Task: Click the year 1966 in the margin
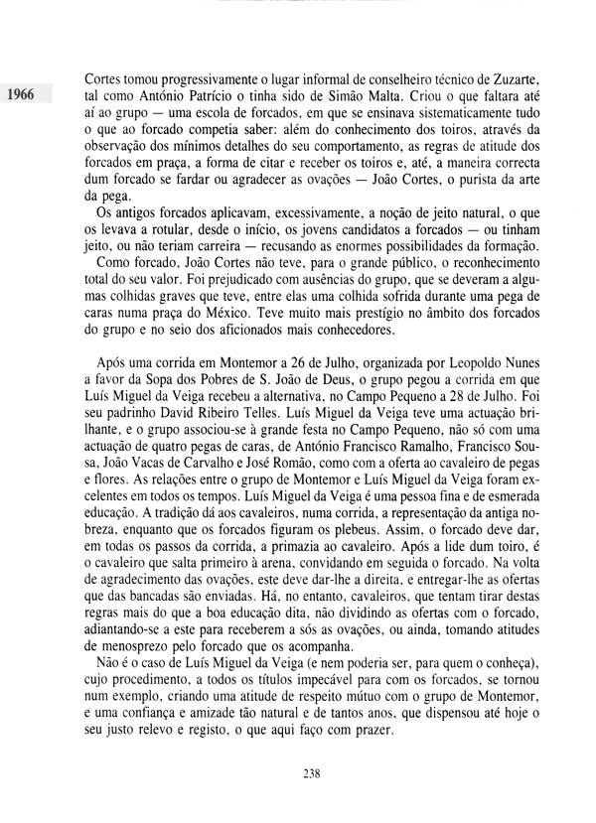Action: (x=19, y=95)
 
